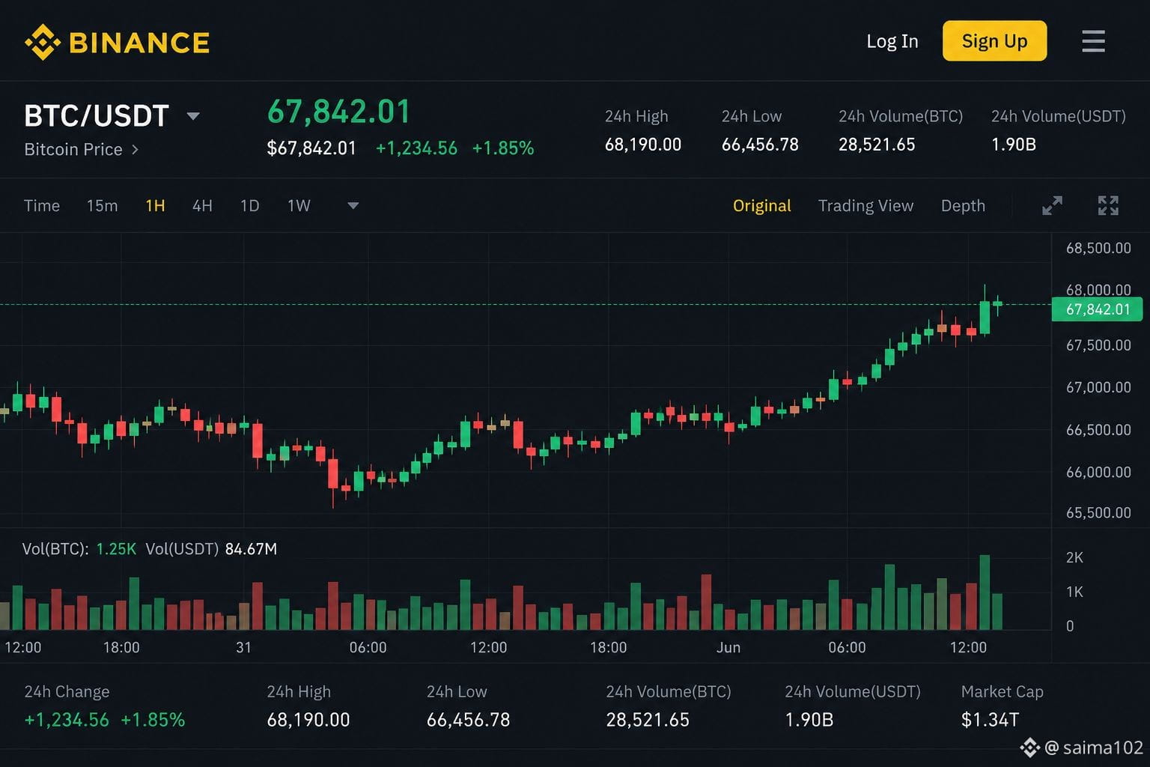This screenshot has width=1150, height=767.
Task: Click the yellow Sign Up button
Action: pos(994,41)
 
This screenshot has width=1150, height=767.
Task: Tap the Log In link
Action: pos(892,41)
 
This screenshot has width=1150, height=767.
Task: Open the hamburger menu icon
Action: pos(1094,41)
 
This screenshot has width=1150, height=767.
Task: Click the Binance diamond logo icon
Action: pos(43,42)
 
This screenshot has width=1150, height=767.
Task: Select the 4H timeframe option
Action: pos(202,206)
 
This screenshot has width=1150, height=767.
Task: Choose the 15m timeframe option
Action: pos(102,206)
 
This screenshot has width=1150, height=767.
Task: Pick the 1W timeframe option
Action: pos(299,206)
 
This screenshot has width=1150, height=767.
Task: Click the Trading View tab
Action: pos(865,206)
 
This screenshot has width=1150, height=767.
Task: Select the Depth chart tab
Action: pos(963,206)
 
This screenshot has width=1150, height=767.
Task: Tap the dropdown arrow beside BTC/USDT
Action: pos(193,116)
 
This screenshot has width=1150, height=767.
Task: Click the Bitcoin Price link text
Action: pos(73,150)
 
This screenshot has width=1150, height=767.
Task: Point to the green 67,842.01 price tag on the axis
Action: pos(1097,309)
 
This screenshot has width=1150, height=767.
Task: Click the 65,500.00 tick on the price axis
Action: pos(1098,512)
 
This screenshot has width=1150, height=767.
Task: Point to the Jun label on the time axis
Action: pos(728,647)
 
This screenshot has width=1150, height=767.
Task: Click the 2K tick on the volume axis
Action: pos(1074,557)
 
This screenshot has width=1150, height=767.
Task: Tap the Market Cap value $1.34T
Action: pos(990,720)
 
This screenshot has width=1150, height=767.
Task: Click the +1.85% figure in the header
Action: pos(503,148)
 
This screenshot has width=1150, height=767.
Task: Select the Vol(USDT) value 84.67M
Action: pos(251,549)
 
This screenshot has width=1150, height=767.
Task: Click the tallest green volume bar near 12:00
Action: pos(985,592)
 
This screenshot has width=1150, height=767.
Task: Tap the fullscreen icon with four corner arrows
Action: pos(1108,205)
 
